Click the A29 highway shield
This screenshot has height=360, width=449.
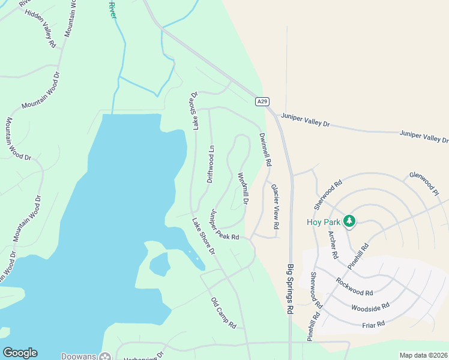[261, 101]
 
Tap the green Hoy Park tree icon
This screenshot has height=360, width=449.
[349, 222]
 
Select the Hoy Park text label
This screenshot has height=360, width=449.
[324, 222]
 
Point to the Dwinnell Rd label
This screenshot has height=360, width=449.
[265, 149]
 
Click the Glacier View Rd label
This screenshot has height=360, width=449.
[274, 207]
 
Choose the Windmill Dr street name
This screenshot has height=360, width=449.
[243, 189]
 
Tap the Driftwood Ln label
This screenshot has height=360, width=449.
[210, 164]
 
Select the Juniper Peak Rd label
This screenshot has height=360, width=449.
[224, 225]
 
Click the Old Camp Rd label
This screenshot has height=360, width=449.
[223, 313]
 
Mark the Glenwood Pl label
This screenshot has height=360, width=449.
[424, 184]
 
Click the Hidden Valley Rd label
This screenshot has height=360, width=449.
[40, 28]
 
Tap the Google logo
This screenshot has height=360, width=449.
[20, 353]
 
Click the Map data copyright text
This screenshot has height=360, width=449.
[423, 355]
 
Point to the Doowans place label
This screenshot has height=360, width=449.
[79, 356]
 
